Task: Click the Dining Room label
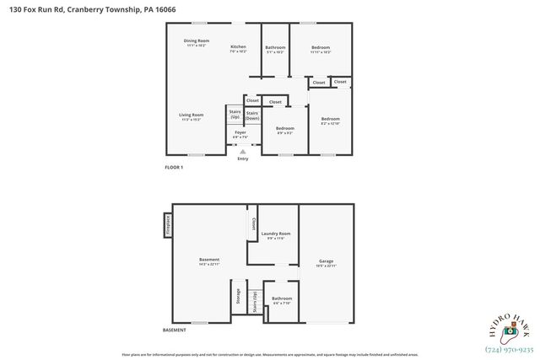[x=197, y=41]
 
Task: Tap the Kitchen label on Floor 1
[x=238, y=47]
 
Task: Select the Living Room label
[x=191, y=116]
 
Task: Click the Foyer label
[x=240, y=132]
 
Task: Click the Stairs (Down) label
[x=252, y=116]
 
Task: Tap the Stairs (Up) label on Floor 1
[x=235, y=114]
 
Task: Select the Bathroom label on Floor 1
[x=275, y=48]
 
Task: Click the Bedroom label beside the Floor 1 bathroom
[x=320, y=48]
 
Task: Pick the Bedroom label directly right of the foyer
[x=284, y=129]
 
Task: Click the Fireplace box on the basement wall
[x=167, y=226]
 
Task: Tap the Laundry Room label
[x=276, y=234]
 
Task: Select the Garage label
[x=326, y=262]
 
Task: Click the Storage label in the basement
[x=238, y=296]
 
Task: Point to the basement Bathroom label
[x=282, y=299]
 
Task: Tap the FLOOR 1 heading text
[x=174, y=168]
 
